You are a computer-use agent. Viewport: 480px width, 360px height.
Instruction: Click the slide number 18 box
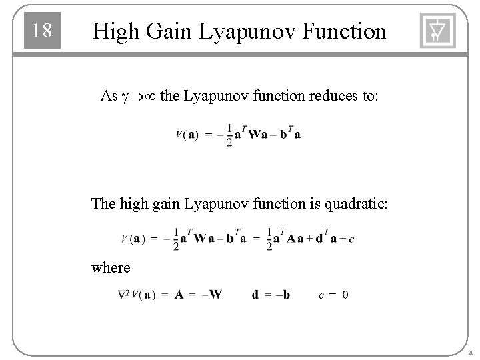pos(42,31)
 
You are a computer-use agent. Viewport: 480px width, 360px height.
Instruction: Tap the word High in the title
pos(115,31)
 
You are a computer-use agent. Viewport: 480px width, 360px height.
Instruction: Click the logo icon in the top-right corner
pos(437,31)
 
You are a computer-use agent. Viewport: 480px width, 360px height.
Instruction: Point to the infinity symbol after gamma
pos(149,97)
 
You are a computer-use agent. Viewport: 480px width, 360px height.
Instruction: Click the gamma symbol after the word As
pos(126,97)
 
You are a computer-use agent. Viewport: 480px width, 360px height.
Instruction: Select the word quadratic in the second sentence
pos(353,203)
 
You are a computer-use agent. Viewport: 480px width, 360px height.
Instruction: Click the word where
pos(111,267)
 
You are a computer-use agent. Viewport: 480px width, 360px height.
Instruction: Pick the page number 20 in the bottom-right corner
pos(470,353)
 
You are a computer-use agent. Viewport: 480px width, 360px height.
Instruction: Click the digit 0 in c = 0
pos(345,294)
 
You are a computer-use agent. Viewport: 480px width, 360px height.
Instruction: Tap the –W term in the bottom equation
pos(212,294)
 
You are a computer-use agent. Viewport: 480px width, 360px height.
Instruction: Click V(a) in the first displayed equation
pos(186,135)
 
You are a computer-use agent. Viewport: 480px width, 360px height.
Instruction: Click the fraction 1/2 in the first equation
pos(229,135)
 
